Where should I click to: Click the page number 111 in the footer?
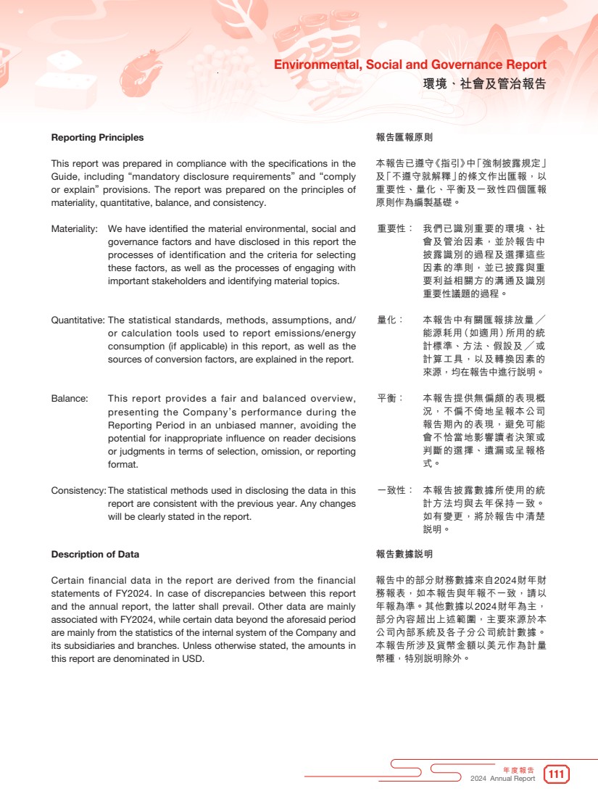(557, 774)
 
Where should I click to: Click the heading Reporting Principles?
(97, 138)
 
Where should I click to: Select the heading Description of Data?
(95, 555)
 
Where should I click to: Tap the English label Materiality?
(75, 229)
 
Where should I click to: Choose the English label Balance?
(70, 399)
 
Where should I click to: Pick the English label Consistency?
(78, 491)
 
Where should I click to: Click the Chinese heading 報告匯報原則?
(404, 138)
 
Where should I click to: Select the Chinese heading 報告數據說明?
(404, 555)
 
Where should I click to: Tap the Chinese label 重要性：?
(395, 229)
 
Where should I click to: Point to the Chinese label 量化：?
(390, 320)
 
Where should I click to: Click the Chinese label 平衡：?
(390, 399)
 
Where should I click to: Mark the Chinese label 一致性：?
(395, 491)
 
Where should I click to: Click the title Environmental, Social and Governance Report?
(410, 65)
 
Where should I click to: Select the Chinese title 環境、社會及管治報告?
(484, 84)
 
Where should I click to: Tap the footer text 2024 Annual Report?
(502, 779)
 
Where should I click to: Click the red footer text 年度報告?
(518, 769)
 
